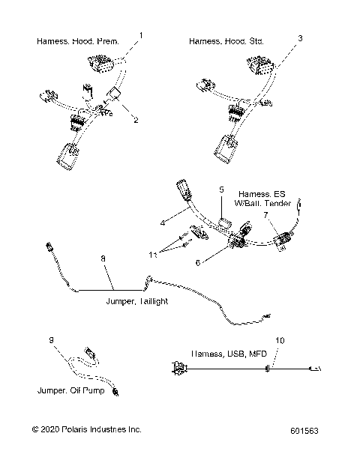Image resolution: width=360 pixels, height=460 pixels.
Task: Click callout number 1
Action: [139, 35]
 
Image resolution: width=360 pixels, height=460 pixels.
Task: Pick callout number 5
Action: [221, 190]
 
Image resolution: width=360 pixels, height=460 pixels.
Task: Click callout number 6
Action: [198, 263]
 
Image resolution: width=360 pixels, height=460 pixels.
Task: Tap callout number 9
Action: [52, 342]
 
